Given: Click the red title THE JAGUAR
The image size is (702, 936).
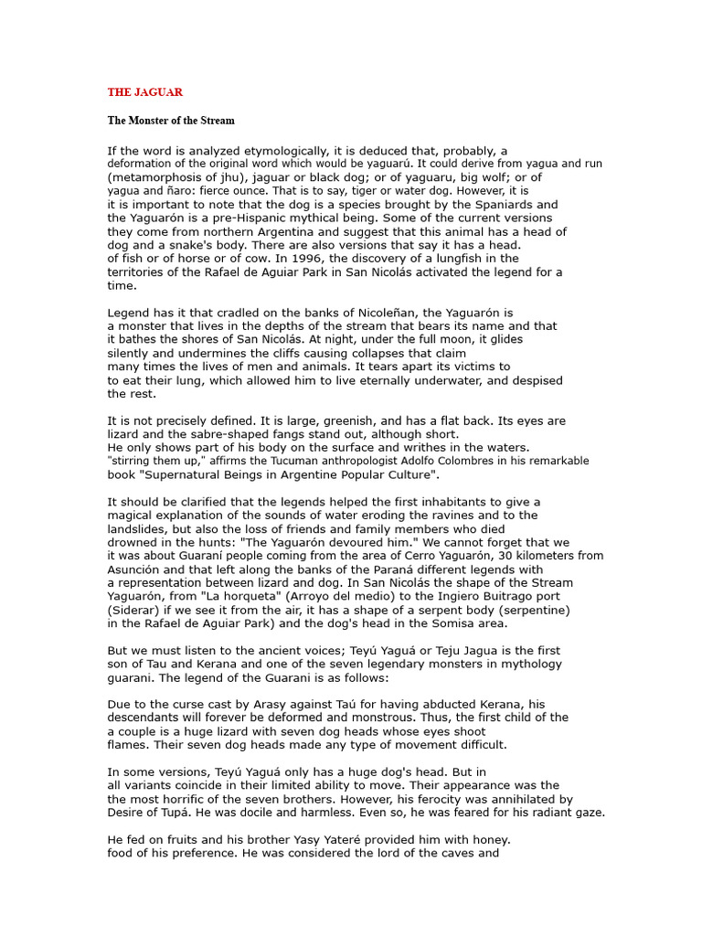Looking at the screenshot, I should click(x=145, y=92).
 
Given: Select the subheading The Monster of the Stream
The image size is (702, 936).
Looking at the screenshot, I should click(x=171, y=120).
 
